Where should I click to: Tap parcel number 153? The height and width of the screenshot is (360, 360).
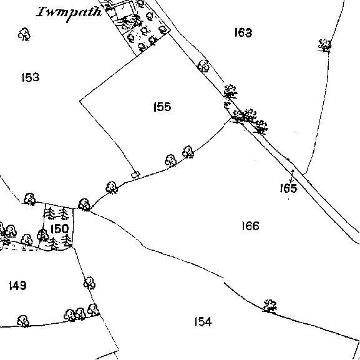click(x=31, y=77)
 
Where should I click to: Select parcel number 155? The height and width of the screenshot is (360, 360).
click(x=162, y=107)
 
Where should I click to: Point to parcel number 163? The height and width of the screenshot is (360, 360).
click(x=243, y=32)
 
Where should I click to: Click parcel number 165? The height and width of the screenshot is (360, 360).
click(x=288, y=188)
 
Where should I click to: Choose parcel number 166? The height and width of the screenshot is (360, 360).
click(x=250, y=226)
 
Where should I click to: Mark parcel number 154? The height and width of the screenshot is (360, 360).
click(x=203, y=321)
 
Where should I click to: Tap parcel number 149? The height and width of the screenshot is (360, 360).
click(x=17, y=286)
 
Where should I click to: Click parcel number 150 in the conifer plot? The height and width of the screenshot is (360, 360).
click(x=59, y=229)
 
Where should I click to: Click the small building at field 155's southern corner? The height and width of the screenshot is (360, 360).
click(x=135, y=175)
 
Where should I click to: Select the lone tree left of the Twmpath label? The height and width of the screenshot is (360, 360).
click(x=24, y=34)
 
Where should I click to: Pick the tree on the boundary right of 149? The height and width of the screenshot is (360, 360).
click(x=89, y=283)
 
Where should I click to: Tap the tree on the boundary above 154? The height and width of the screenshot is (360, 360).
click(x=270, y=306)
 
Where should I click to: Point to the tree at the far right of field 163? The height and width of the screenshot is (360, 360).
click(x=324, y=46)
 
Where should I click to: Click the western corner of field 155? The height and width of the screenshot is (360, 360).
click(x=80, y=101)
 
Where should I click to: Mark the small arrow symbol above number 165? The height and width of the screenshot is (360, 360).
click(x=292, y=176)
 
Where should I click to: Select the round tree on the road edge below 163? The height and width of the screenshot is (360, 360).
click(x=203, y=66)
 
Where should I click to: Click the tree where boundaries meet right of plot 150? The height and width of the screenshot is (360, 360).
click(x=84, y=205)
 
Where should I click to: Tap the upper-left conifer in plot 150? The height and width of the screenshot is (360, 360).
click(x=49, y=213)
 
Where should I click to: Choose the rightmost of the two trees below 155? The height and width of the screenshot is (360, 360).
click(x=188, y=152)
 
